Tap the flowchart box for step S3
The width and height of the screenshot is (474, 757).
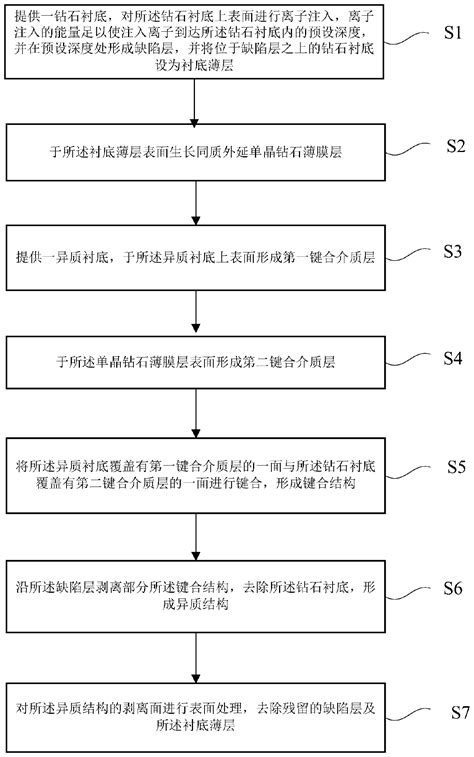tap(199, 257)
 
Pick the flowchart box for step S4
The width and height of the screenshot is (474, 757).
tap(199, 362)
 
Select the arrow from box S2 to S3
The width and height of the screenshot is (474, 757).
tap(199, 207)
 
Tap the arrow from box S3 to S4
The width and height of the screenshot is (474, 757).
tap(199, 312)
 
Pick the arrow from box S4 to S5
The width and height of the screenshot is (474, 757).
tap(199, 412)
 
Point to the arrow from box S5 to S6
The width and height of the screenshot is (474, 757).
tap(199, 537)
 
